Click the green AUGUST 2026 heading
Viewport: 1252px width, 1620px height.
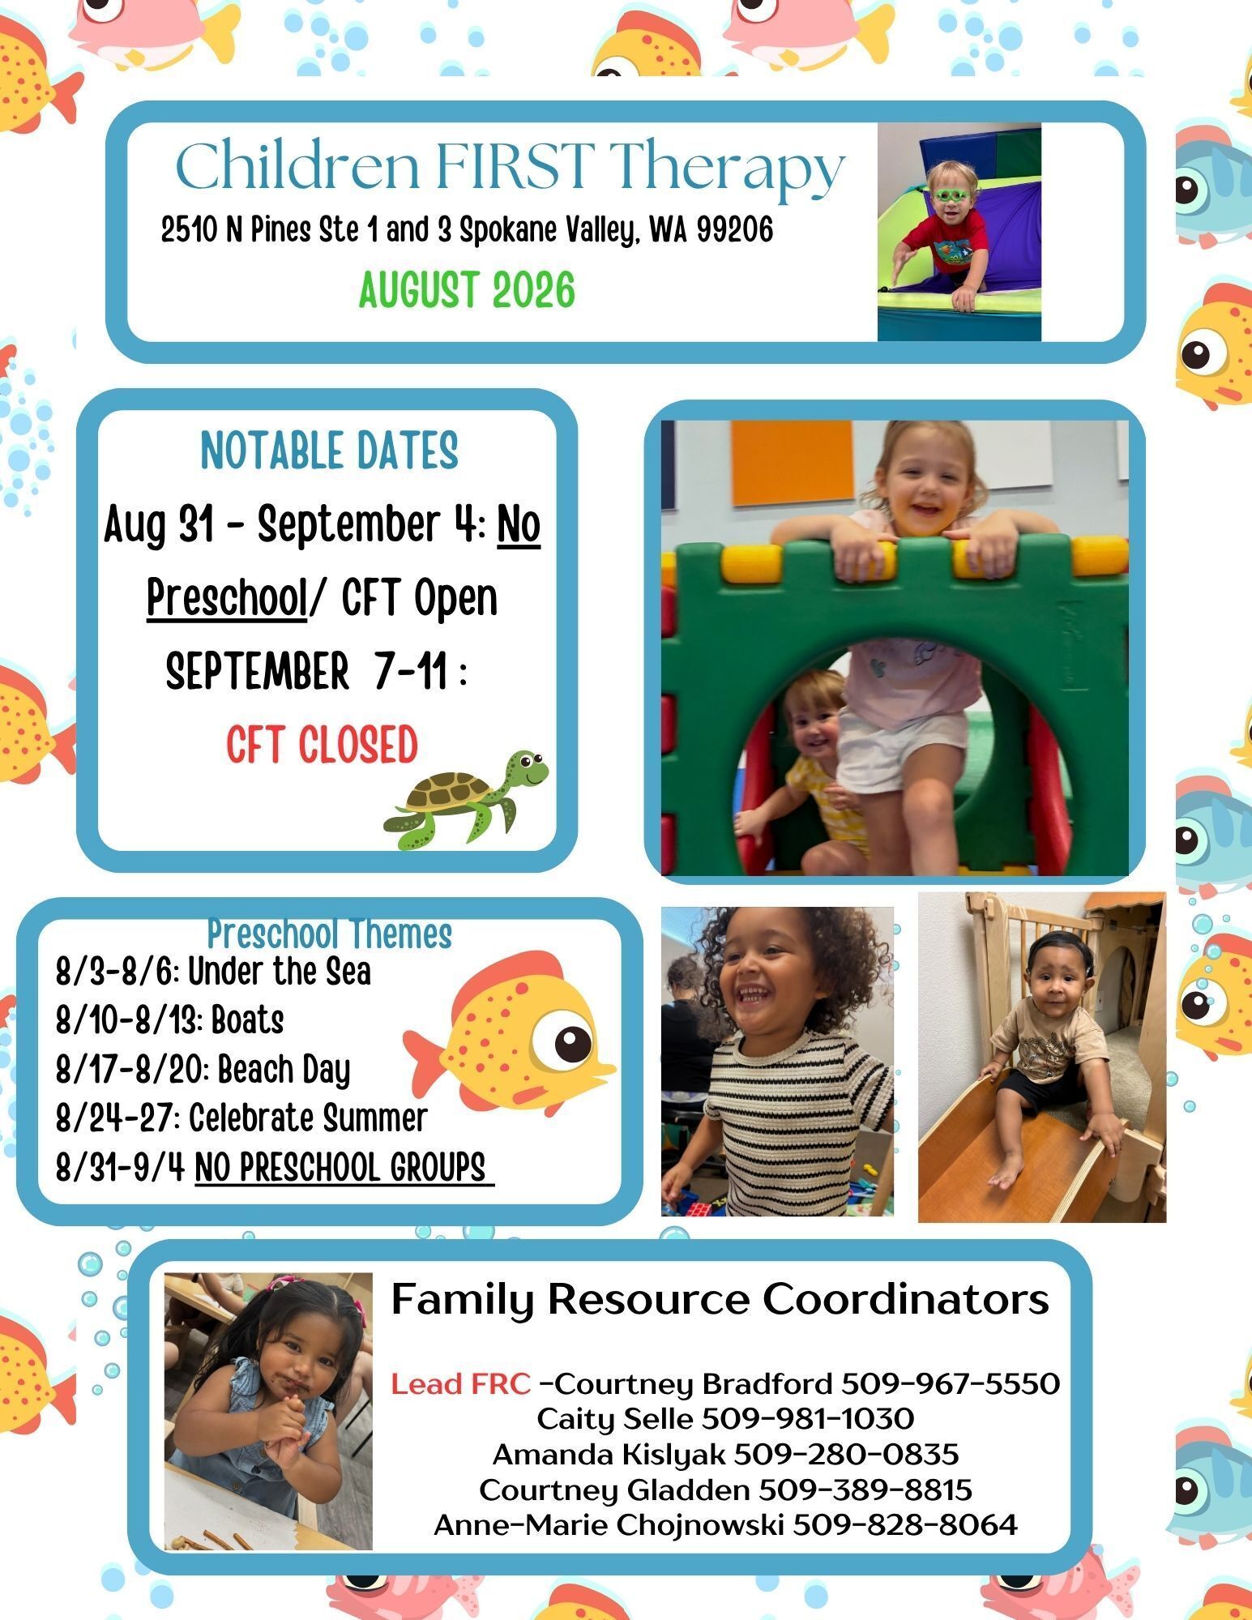(467, 291)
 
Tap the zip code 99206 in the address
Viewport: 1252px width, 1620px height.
(735, 230)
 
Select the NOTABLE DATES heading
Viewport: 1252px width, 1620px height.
(329, 451)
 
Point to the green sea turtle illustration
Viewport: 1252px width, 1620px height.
(468, 799)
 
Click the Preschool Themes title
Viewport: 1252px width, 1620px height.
(329, 934)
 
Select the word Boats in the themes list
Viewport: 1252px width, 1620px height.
(247, 1020)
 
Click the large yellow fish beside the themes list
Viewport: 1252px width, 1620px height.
(511, 1032)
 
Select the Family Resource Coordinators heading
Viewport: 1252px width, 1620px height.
(720, 1299)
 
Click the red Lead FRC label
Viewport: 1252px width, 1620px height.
(460, 1383)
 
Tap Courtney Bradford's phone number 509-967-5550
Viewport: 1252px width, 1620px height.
(951, 1383)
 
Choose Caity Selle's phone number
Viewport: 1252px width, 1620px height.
(807, 1419)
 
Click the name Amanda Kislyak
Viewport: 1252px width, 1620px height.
(609, 1455)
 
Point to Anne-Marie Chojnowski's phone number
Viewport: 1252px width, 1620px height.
(904, 1525)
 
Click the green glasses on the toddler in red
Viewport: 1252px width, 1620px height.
(956, 195)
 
